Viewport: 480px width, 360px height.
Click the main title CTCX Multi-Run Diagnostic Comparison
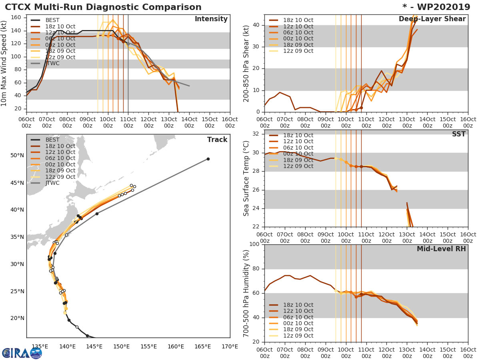(x=103, y=7)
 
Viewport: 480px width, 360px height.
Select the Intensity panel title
(x=211, y=19)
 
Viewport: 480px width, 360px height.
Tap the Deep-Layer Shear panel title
(x=432, y=19)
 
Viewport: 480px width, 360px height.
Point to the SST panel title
(x=458, y=134)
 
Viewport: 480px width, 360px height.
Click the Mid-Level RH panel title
(x=441, y=249)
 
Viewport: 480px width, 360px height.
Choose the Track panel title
(x=217, y=140)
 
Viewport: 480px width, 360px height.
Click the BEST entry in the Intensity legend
(x=52, y=20)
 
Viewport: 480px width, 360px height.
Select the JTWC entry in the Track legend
(x=52, y=183)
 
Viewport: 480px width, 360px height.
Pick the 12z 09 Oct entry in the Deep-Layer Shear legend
(x=298, y=51)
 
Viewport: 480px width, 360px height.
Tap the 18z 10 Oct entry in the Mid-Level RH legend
(x=298, y=305)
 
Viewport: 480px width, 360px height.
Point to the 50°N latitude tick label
(x=17, y=156)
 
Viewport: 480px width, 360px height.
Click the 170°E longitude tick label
(x=230, y=346)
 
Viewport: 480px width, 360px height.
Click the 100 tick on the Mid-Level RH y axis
(x=254, y=244)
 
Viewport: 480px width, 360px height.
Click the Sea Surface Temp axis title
(x=246, y=178)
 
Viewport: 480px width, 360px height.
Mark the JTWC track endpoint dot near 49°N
(x=208, y=159)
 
